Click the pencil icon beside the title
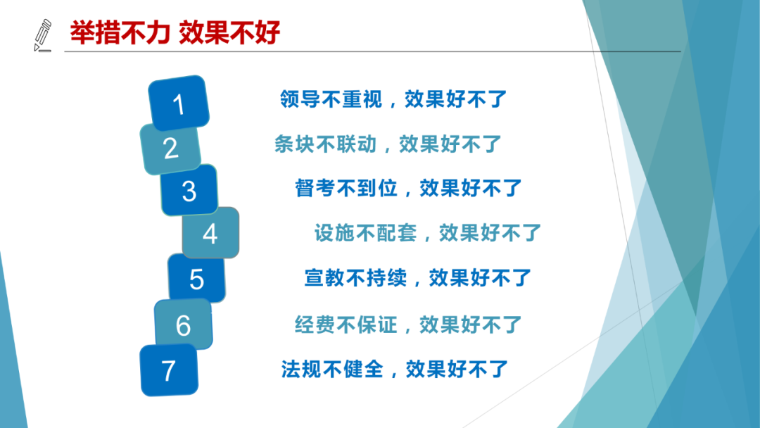point(43,35)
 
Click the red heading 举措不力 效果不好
point(175,33)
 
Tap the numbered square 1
point(179,103)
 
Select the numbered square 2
point(170,149)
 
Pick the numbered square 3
point(189,190)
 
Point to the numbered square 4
point(210,233)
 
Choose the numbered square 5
point(196,278)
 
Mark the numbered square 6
point(183,324)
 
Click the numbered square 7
point(169,370)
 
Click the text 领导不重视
point(331,99)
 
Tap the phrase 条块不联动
point(325,144)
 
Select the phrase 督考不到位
point(346,188)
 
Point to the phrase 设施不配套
point(365,233)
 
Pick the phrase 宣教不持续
point(355,278)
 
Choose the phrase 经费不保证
point(346,325)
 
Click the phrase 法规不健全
point(332,370)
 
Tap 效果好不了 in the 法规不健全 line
point(457,370)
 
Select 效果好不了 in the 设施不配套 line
point(490,233)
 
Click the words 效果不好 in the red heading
point(229,33)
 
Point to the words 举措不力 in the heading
point(120,33)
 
